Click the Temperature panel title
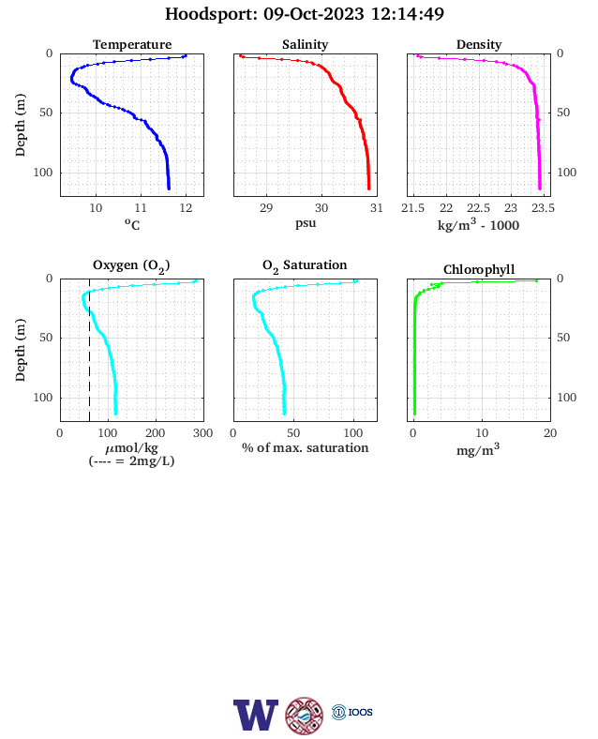tap(132, 44)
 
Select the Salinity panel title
tap(306, 44)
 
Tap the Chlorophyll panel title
tap(479, 269)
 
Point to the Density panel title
tap(479, 44)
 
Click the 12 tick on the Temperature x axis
tap(186, 208)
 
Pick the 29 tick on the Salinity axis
tap(266, 208)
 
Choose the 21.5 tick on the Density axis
tap(413, 208)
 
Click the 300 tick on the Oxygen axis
tap(203, 433)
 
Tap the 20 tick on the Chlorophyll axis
tap(550, 433)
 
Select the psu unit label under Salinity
tap(306, 223)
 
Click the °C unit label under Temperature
tap(132, 224)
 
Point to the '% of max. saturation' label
tap(306, 447)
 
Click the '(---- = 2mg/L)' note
tap(131, 460)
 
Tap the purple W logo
tap(256, 715)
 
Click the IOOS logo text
tap(361, 712)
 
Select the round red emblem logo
tap(305, 716)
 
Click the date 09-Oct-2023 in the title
tap(314, 14)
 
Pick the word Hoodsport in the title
tap(211, 14)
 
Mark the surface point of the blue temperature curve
tap(185, 55)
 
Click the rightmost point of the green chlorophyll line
tap(536, 281)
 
